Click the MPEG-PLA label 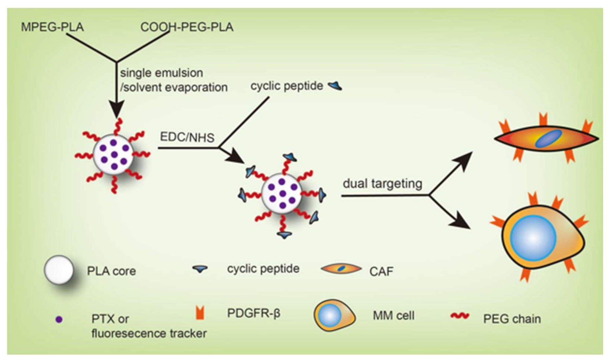click(x=52, y=27)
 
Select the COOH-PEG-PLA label click(x=187, y=27)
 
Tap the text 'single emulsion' click(x=162, y=73)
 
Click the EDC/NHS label click(x=187, y=137)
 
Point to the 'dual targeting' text click(x=382, y=183)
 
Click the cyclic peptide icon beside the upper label click(x=335, y=86)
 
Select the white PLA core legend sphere click(x=59, y=270)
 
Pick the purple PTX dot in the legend click(x=59, y=319)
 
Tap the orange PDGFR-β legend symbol click(x=200, y=313)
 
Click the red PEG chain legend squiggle click(x=460, y=316)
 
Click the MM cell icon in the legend click(x=334, y=315)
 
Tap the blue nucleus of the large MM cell click(x=533, y=237)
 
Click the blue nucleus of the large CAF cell click(x=548, y=138)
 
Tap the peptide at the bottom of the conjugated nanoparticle click(x=284, y=235)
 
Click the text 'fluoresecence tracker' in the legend click(x=149, y=333)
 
